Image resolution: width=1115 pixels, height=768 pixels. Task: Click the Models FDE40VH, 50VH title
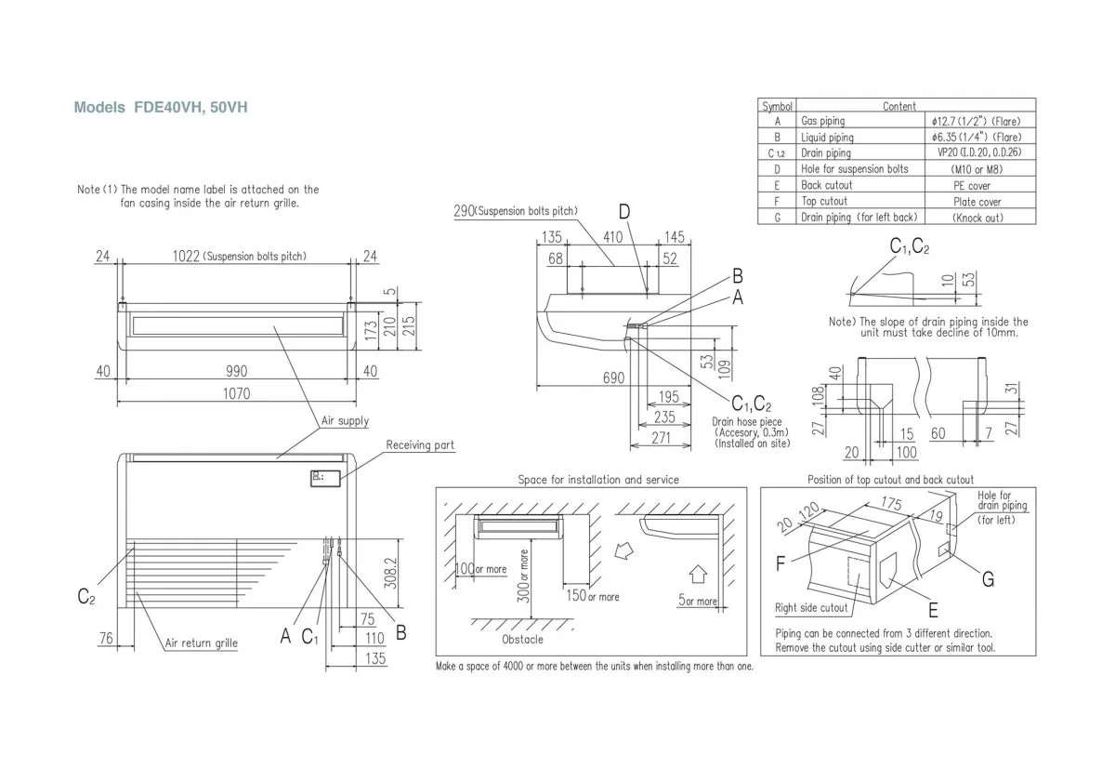point(161,108)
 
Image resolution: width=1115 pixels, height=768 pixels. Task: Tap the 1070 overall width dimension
point(235,393)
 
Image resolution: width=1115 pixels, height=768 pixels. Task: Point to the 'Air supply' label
point(345,421)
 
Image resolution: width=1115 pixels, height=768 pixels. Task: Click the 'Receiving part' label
point(420,445)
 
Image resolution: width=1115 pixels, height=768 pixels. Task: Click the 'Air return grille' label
point(201,643)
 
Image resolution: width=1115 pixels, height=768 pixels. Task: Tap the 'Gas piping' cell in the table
point(822,122)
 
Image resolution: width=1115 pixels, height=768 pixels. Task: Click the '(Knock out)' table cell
point(977,218)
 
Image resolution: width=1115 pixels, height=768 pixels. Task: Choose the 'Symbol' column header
point(777,106)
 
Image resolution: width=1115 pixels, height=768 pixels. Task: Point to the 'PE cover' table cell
point(977,185)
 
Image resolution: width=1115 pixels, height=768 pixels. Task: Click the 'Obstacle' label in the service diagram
point(522,640)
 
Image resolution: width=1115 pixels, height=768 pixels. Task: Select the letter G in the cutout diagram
point(988,579)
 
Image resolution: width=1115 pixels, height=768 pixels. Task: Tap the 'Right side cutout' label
point(811,608)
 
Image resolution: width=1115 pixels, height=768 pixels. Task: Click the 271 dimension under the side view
point(660,438)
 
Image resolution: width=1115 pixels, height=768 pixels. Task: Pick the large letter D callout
point(624,213)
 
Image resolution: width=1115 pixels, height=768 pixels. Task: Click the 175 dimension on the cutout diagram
point(893,504)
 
